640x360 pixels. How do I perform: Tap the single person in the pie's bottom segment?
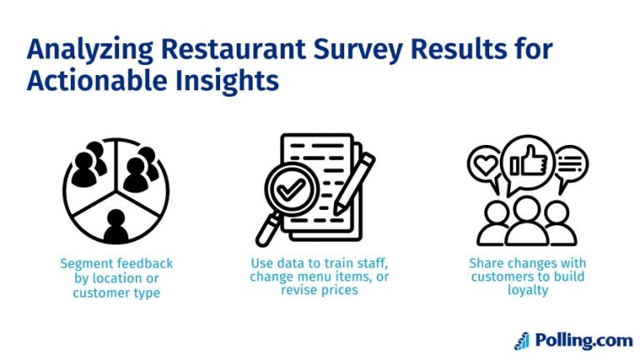[x=116, y=223]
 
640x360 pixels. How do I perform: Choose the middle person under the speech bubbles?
[x=527, y=219]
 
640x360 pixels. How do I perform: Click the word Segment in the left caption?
[x=82, y=263]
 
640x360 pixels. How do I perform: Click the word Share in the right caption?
[x=485, y=263]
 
